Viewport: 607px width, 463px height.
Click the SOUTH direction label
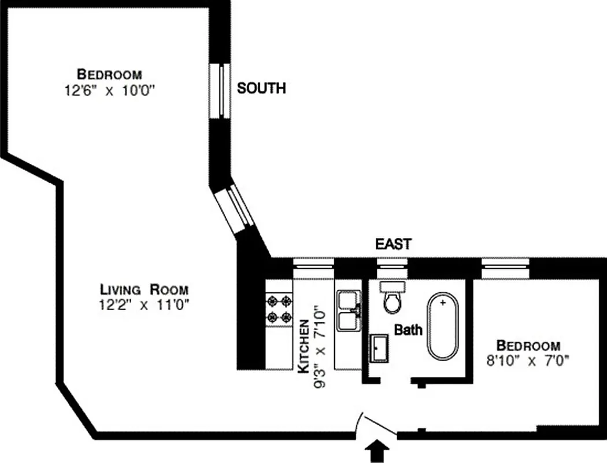pyautogui.click(x=262, y=89)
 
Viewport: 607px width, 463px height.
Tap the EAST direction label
pyautogui.click(x=393, y=244)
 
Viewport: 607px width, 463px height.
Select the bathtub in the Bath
pyautogui.click(x=443, y=326)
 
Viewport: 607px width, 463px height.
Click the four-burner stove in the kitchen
pyautogui.click(x=278, y=310)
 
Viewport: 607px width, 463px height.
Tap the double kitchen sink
pyautogui.click(x=348, y=311)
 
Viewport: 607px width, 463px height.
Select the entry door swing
pyautogui.click(x=377, y=426)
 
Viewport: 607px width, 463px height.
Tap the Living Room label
pyautogui.click(x=144, y=289)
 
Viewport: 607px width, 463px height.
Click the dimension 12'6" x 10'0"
pyautogui.click(x=111, y=91)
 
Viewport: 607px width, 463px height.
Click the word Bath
pyautogui.click(x=408, y=330)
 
